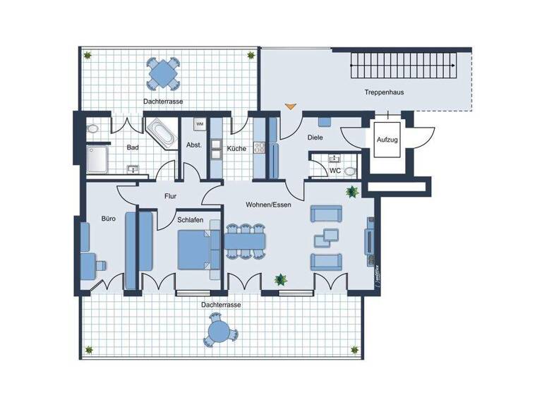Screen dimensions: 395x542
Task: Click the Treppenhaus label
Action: tap(383, 92)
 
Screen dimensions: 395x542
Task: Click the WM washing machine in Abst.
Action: tap(199, 124)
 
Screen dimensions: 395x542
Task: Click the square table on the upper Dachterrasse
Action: tap(162, 71)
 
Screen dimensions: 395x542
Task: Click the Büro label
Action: tap(108, 219)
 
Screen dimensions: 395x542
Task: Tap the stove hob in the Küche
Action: tap(259, 148)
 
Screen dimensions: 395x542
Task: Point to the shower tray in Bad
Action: tap(97, 160)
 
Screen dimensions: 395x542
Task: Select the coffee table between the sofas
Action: tap(327, 238)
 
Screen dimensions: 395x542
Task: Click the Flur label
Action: tap(170, 197)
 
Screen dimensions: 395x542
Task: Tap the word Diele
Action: tap(315, 138)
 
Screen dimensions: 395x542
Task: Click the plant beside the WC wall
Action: tap(351, 191)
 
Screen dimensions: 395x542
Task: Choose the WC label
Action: tap(336, 170)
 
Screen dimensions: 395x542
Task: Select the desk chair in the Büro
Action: tap(100, 264)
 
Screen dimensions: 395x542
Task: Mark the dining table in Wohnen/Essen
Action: tap(245, 241)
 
